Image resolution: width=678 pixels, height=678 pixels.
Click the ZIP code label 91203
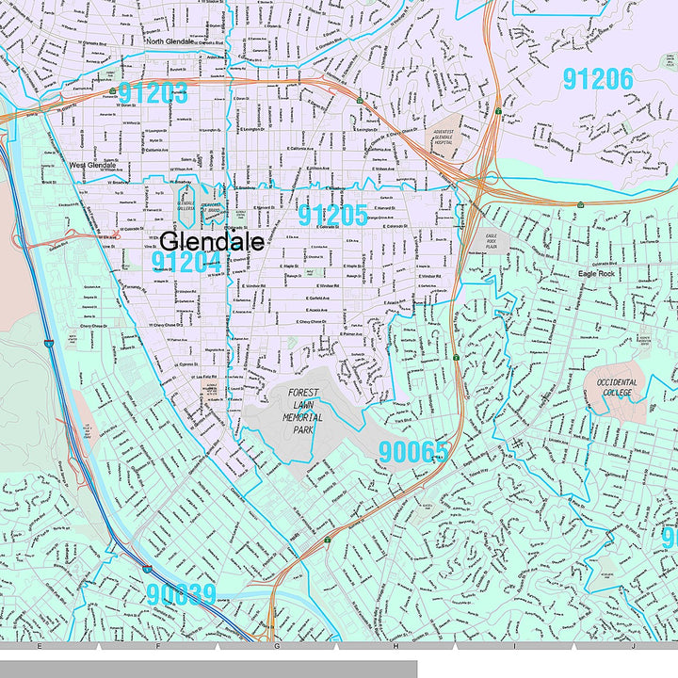[x=153, y=93]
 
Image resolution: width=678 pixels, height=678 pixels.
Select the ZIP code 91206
[x=598, y=78]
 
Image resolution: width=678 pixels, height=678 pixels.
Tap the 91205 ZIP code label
[x=332, y=215]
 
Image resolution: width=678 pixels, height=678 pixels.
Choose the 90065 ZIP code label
[x=413, y=453]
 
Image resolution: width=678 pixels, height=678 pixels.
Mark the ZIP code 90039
[x=181, y=594]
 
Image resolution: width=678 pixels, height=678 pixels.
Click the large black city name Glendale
[x=211, y=241]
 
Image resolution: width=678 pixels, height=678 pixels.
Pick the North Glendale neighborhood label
[x=170, y=41]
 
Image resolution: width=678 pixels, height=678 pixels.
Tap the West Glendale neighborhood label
[x=92, y=166]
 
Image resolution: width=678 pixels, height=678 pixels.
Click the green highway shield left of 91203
[x=112, y=91]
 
